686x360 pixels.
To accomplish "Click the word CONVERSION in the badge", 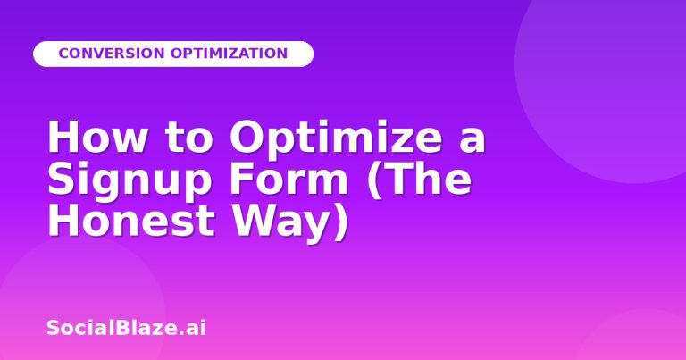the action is [112, 54].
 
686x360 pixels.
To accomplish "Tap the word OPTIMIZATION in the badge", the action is [229, 54].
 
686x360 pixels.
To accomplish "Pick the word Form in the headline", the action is [289, 179].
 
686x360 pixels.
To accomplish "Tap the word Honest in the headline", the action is [131, 220].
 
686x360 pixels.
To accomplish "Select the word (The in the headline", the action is [419, 179].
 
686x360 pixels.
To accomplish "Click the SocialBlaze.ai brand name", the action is [126, 328].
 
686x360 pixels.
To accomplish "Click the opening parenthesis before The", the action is [373, 180].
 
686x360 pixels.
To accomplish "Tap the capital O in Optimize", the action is [247, 137].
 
